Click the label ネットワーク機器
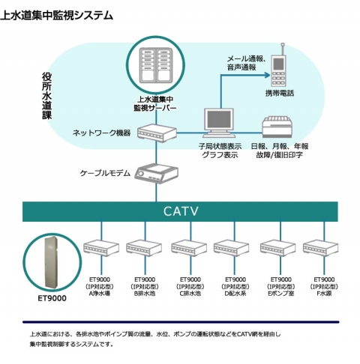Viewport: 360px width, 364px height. point(101,133)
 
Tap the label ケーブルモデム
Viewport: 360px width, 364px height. point(105,173)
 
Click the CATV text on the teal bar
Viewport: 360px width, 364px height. point(181,212)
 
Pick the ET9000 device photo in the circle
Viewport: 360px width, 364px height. point(52,261)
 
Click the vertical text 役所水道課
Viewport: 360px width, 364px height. point(46,97)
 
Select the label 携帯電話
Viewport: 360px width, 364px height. point(280,92)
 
